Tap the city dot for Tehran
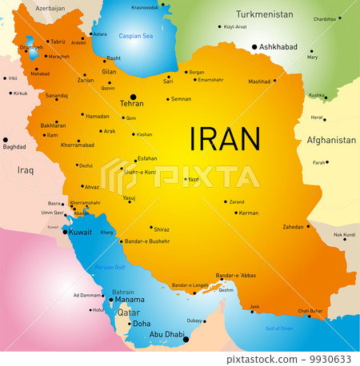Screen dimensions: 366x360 pyautogui.click(x=133, y=96)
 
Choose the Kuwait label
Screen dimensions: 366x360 pyautogui.click(x=80, y=232)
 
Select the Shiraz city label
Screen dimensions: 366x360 pyautogui.click(x=162, y=229)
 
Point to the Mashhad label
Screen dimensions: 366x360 pyautogui.click(x=259, y=81)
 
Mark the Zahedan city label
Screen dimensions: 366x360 pyautogui.click(x=294, y=226)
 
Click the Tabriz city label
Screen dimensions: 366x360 pyautogui.click(x=58, y=42)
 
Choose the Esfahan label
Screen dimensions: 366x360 pyautogui.click(x=147, y=158)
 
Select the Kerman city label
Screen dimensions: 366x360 pyautogui.click(x=249, y=213)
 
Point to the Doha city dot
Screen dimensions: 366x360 pyautogui.click(x=129, y=324)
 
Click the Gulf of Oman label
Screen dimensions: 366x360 pyautogui.click(x=279, y=328)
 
